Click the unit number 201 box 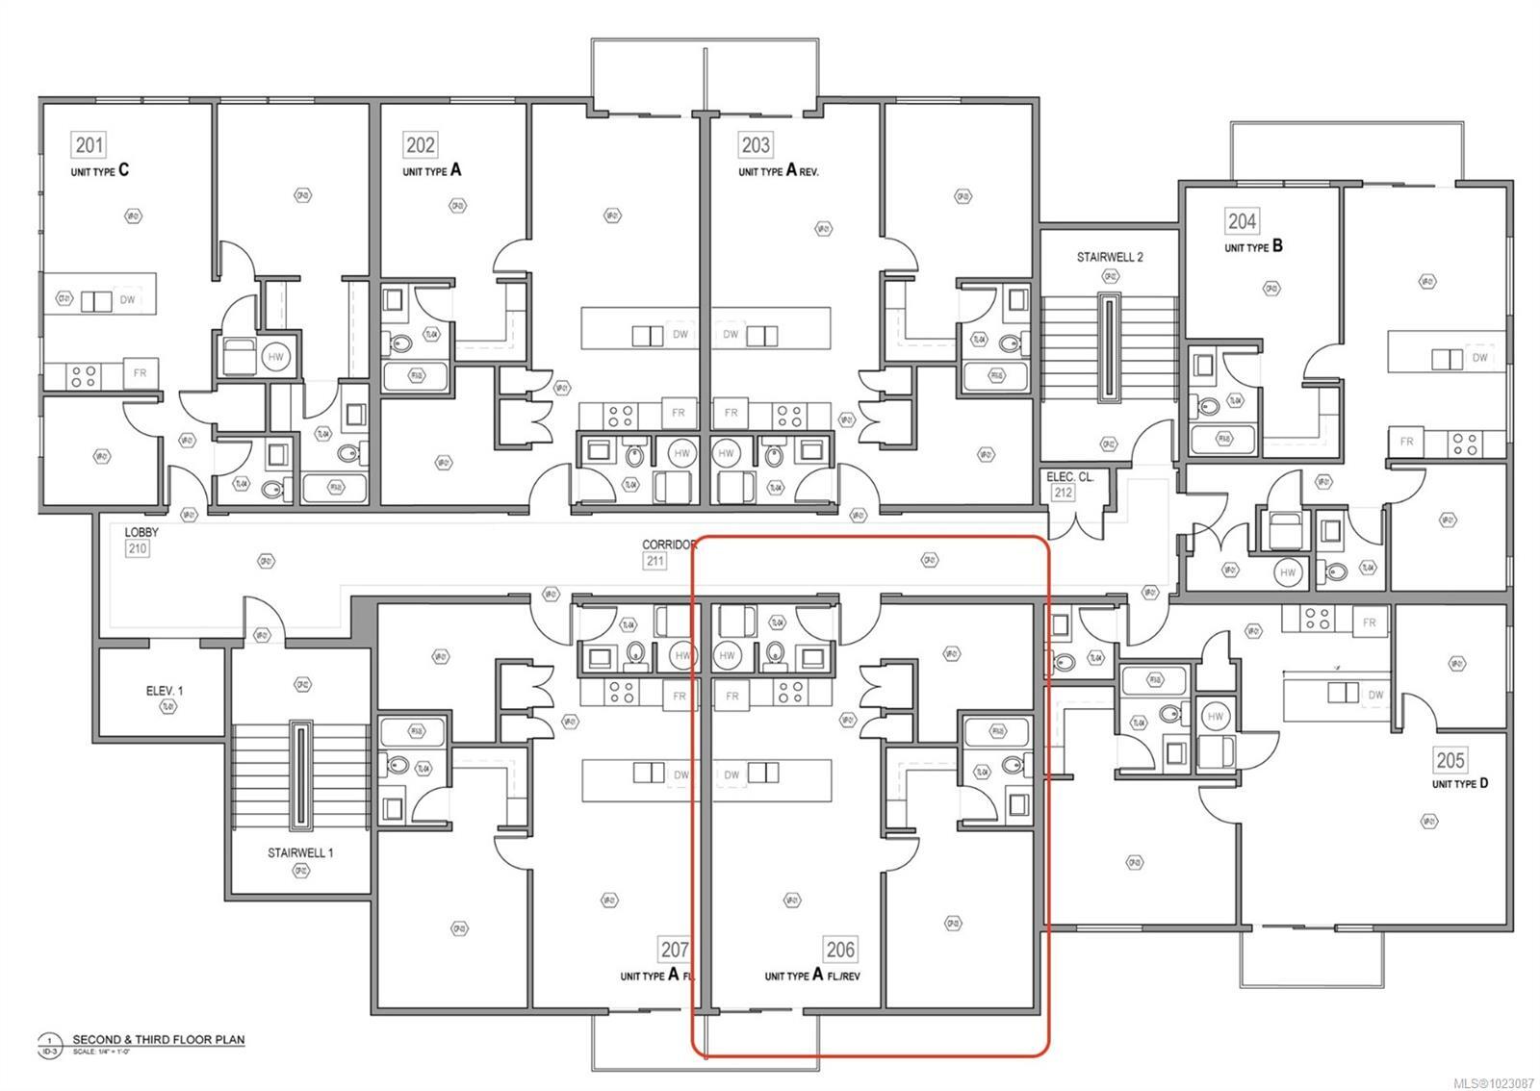(x=90, y=145)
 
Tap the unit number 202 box (x=421, y=145)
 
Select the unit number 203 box (x=756, y=145)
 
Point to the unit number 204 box (x=1242, y=221)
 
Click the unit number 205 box (x=1450, y=760)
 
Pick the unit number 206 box (x=840, y=950)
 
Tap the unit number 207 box (x=675, y=950)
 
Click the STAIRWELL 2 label (x=1110, y=257)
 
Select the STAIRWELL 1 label (x=300, y=852)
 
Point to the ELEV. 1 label (x=165, y=690)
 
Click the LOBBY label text (x=141, y=532)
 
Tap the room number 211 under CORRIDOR (x=654, y=560)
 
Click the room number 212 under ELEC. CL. (x=1063, y=493)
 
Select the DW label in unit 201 (x=128, y=300)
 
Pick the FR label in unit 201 (x=141, y=372)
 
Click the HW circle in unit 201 (x=276, y=357)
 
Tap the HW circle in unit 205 (x=1216, y=717)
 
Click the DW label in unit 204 (x=1479, y=357)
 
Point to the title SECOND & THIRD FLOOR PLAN (x=159, y=1039)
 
